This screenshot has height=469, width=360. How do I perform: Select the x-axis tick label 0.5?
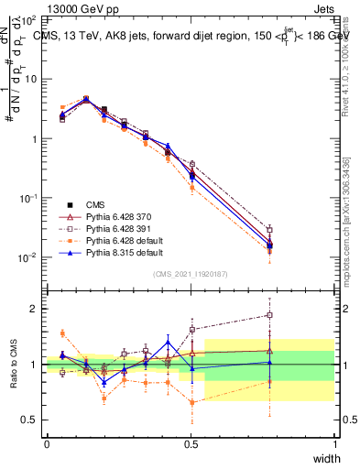[191, 443]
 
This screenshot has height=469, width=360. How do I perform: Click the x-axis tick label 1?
[334, 443]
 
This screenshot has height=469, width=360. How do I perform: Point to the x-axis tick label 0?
[47, 443]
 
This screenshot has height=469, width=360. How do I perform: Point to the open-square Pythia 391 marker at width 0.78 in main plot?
[269, 230]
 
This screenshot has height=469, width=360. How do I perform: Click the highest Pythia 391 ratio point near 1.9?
[269, 315]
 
